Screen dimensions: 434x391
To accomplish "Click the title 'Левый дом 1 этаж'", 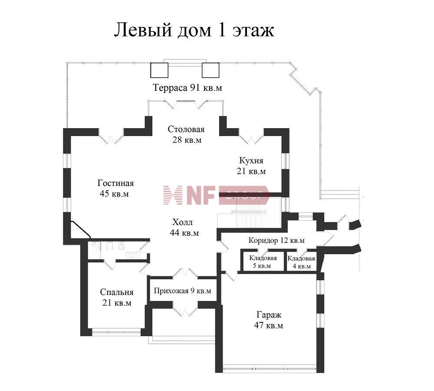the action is click(194, 30).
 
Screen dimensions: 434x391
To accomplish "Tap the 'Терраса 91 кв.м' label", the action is click(187, 88).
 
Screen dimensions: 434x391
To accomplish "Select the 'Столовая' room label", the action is click(186, 129).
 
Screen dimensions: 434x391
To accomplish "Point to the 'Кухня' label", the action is click(251, 160).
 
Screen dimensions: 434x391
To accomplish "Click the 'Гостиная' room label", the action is click(115, 183).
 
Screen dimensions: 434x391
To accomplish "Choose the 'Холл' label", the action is click(182, 222).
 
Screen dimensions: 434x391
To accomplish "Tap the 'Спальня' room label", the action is click(117, 292).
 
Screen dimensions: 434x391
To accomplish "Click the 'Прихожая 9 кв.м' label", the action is click(182, 291).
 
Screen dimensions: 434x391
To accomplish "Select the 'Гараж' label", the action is click(269, 315).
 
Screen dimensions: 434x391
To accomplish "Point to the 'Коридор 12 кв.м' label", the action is click(276, 240).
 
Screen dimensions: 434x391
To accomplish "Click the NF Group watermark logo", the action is click(216, 195).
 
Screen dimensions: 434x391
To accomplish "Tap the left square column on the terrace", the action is click(159, 70).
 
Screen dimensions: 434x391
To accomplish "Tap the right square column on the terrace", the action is click(210, 70).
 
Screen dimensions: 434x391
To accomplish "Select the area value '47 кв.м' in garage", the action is click(269, 325).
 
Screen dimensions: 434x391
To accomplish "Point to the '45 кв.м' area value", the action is click(114, 194).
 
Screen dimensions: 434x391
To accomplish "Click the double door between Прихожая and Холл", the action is click(185, 273).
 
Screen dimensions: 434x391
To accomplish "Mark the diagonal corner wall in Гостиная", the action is click(81, 229).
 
